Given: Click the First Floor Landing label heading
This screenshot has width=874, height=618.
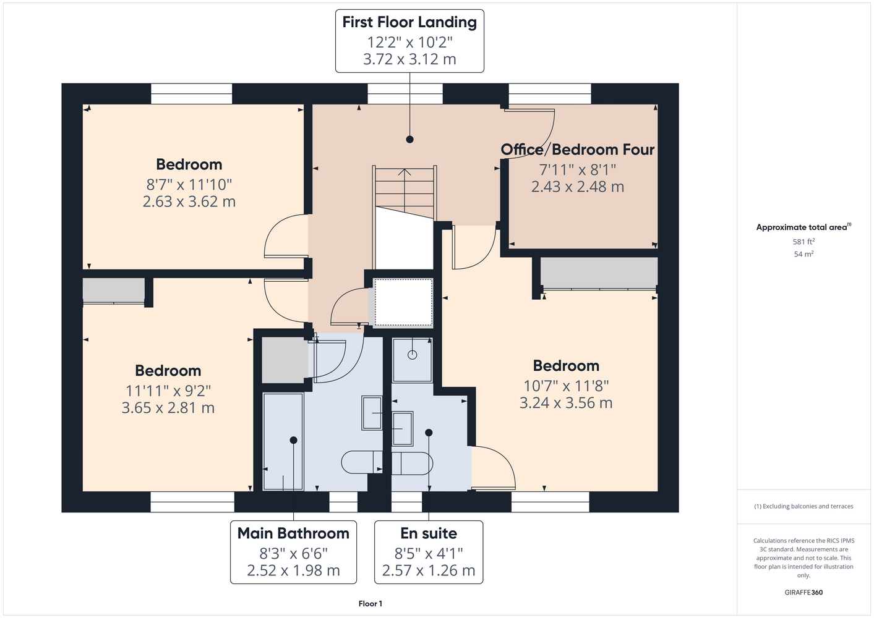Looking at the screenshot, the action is pos(409,22).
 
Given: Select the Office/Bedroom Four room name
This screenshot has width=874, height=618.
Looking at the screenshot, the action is pos(578,150).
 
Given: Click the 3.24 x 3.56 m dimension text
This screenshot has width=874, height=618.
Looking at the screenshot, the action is pos(566,403).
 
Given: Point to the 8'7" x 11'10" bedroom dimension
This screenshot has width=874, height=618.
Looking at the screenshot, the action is pos(189,184).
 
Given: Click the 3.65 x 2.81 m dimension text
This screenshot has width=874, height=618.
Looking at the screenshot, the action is pos(168,408).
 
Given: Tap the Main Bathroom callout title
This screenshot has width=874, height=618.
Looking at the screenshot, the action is pos(293,533).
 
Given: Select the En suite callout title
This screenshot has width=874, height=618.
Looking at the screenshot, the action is pos(429,533).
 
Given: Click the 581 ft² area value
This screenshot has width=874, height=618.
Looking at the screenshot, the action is pos(803,242).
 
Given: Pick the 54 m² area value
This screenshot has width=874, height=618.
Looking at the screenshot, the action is pos(803,254).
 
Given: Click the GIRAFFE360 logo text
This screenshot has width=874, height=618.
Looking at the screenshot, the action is pos(803,592).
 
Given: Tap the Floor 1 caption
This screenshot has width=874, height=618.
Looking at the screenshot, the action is pos(371,604).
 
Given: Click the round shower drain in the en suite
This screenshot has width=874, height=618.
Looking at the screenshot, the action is pos(413,355).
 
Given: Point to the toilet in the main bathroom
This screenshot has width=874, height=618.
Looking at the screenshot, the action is pos(362,462).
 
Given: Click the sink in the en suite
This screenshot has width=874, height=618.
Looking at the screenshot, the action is pos(402,428).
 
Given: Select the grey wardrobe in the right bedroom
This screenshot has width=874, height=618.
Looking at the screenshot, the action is pos(599,273).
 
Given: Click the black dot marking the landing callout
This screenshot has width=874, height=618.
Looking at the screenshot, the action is pos(409,139).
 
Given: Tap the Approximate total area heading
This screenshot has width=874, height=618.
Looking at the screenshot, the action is pos(803,227).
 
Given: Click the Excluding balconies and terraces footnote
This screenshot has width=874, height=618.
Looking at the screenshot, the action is pos(803,507).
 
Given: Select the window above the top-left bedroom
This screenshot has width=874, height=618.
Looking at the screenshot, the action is pos(192,93).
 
